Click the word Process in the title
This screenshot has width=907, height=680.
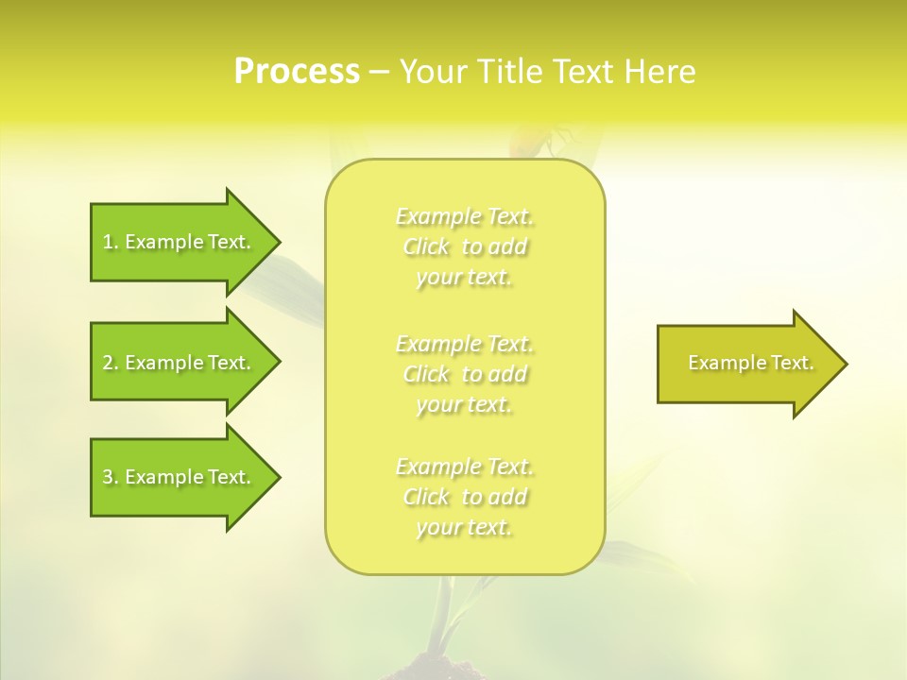[x=297, y=72]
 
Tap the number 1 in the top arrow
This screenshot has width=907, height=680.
[x=108, y=243]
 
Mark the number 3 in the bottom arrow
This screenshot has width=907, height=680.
[x=108, y=478]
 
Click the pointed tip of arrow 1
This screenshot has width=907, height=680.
[x=278, y=242]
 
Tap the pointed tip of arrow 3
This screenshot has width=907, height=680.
[x=278, y=477]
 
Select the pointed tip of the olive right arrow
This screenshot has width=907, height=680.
[x=845, y=364]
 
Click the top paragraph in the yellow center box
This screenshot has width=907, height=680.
[x=465, y=246]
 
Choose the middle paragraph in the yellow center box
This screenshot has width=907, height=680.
[x=465, y=374]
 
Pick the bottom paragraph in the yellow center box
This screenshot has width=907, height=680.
[x=465, y=497]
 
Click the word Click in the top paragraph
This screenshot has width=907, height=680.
[x=426, y=247]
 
